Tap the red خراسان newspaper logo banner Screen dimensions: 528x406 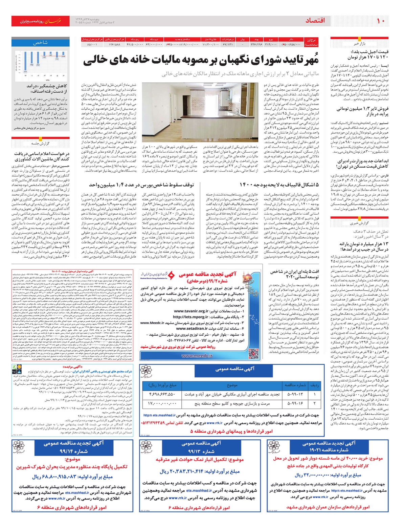(40, 21)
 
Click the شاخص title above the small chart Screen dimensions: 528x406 (41, 43)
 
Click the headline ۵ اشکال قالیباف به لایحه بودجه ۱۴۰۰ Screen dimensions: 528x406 (279, 185)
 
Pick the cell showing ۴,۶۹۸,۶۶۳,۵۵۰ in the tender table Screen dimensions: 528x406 (162, 394)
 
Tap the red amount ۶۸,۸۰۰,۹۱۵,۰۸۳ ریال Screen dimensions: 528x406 (72, 477)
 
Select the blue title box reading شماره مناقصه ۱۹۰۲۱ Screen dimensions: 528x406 (329, 446)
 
